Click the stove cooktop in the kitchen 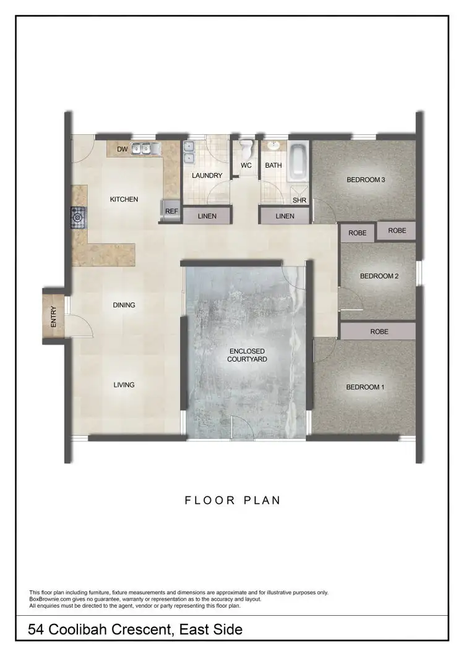pyautogui.click(x=78, y=217)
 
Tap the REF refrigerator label pyautogui.click(x=171, y=211)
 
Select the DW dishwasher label pyautogui.click(x=122, y=149)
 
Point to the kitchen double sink pyautogui.click(x=148, y=148)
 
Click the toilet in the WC pyautogui.click(x=246, y=148)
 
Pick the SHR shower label pyautogui.click(x=299, y=200)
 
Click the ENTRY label pyautogui.click(x=53, y=317)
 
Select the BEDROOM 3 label pyautogui.click(x=366, y=180)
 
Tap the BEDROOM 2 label pyautogui.click(x=379, y=276)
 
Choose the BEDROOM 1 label pyautogui.click(x=365, y=387)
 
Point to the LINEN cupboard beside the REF pyautogui.click(x=207, y=216)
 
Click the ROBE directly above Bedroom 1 pyautogui.click(x=379, y=331)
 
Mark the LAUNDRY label pyautogui.click(x=207, y=176)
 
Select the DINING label pyautogui.click(x=124, y=305)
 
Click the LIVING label pyautogui.click(x=124, y=385)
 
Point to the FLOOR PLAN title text pyautogui.click(x=233, y=500)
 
